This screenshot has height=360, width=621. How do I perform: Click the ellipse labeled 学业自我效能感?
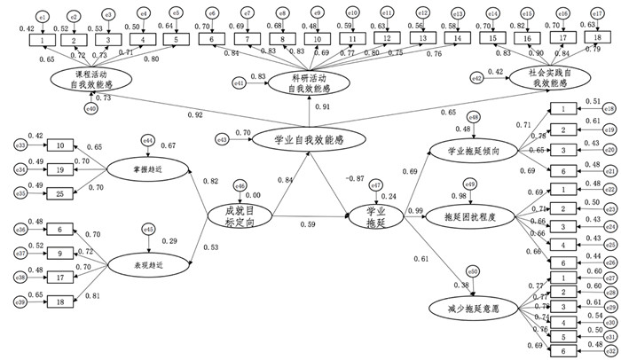(x=309, y=140)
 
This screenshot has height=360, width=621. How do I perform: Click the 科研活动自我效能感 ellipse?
(x=309, y=83)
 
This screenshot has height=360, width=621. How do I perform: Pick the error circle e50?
(x=473, y=271)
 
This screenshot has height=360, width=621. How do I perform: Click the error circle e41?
(x=239, y=83)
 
